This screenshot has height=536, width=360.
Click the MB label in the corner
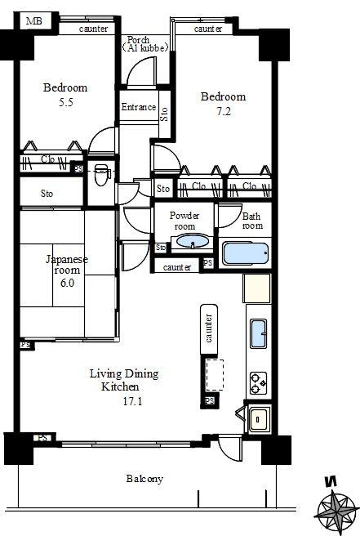[x=33, y=20]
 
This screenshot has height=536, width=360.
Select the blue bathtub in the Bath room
[x=245, y=252]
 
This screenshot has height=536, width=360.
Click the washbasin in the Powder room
[x=192, y=242]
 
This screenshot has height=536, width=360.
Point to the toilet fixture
[x=100, y=174]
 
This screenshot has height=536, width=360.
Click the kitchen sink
[x=258, y=333]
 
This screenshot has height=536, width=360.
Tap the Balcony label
[x=144, y=479]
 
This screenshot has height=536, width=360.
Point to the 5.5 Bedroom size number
[x=64, y=103]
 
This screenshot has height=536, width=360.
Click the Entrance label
[x=138, y=108]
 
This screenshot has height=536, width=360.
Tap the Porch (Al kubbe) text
[x=146, y=44]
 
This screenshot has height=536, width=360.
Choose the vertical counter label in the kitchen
[x=209, y=327]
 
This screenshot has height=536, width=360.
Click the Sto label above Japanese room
[x=47, y=194]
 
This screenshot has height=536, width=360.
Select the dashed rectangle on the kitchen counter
[x=216, y=375]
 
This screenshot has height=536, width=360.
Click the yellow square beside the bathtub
[x=256, y=288]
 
